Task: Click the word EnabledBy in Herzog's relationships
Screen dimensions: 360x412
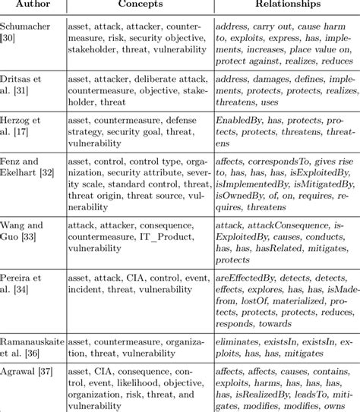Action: (242, 120)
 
